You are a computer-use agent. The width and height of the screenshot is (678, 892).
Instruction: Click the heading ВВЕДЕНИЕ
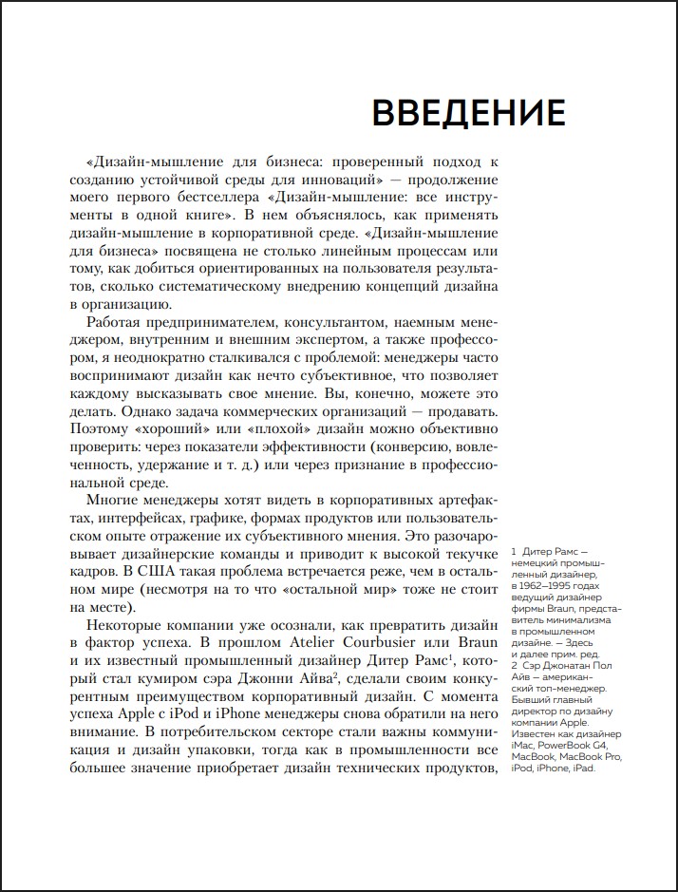click(x=468, y=112)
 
